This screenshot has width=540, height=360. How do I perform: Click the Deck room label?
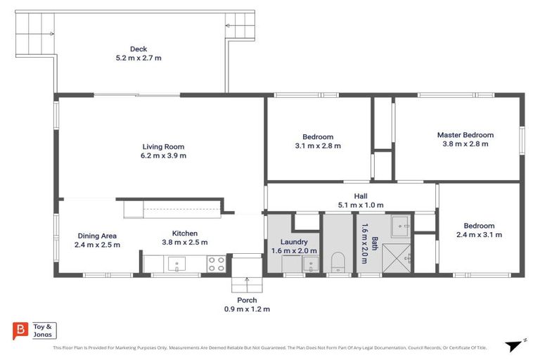tap(139, 49)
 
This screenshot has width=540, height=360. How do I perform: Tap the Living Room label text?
tap(163, 147)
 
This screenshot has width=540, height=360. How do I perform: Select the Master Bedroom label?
tap(465, 135)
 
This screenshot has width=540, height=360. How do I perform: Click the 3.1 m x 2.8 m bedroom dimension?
tap(318, 146)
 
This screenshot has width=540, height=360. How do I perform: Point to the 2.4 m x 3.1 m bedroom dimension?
tap(479, 235)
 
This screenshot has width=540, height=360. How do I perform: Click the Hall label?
tap(361, 196)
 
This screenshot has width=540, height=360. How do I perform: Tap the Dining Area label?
tap(97, 236)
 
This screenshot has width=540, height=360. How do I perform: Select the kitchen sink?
tap(176, 265)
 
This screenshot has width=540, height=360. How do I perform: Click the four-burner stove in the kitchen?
tap(216, 264)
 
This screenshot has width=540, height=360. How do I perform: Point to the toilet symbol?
tap(337, 263)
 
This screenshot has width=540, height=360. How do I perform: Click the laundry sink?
tap(310, 265)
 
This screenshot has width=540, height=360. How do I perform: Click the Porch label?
tap(247, 300)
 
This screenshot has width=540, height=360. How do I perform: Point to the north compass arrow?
tap(513, 345)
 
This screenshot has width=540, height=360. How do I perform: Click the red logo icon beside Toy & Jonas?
tap(21, 331)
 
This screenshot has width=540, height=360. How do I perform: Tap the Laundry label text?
tap(294, 241)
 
